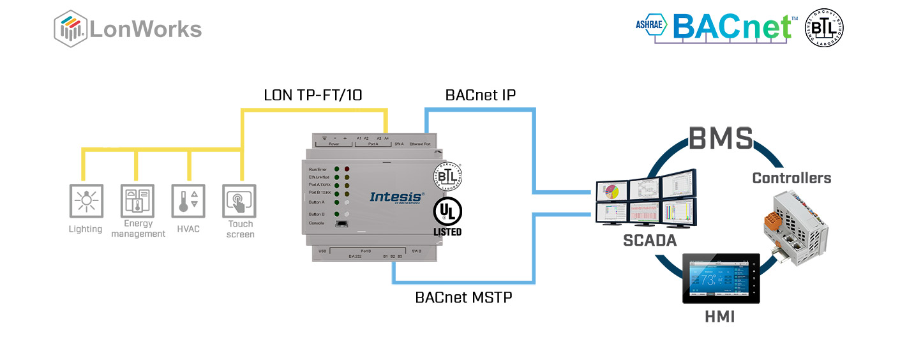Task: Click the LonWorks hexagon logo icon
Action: point(70,29)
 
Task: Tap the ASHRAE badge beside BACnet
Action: point(650,25)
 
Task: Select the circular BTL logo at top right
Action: point(824,27)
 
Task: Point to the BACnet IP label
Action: point(480,95)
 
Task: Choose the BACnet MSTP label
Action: point(463,297)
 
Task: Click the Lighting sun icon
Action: point(85,201)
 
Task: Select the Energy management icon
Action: point(137,201)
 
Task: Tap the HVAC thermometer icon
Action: point(188,201)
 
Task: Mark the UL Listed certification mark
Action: point(447,217)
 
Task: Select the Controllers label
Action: point(791,178)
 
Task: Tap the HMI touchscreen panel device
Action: point(720,279)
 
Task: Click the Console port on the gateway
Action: point(341,223)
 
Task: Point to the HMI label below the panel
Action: point(719,317)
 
